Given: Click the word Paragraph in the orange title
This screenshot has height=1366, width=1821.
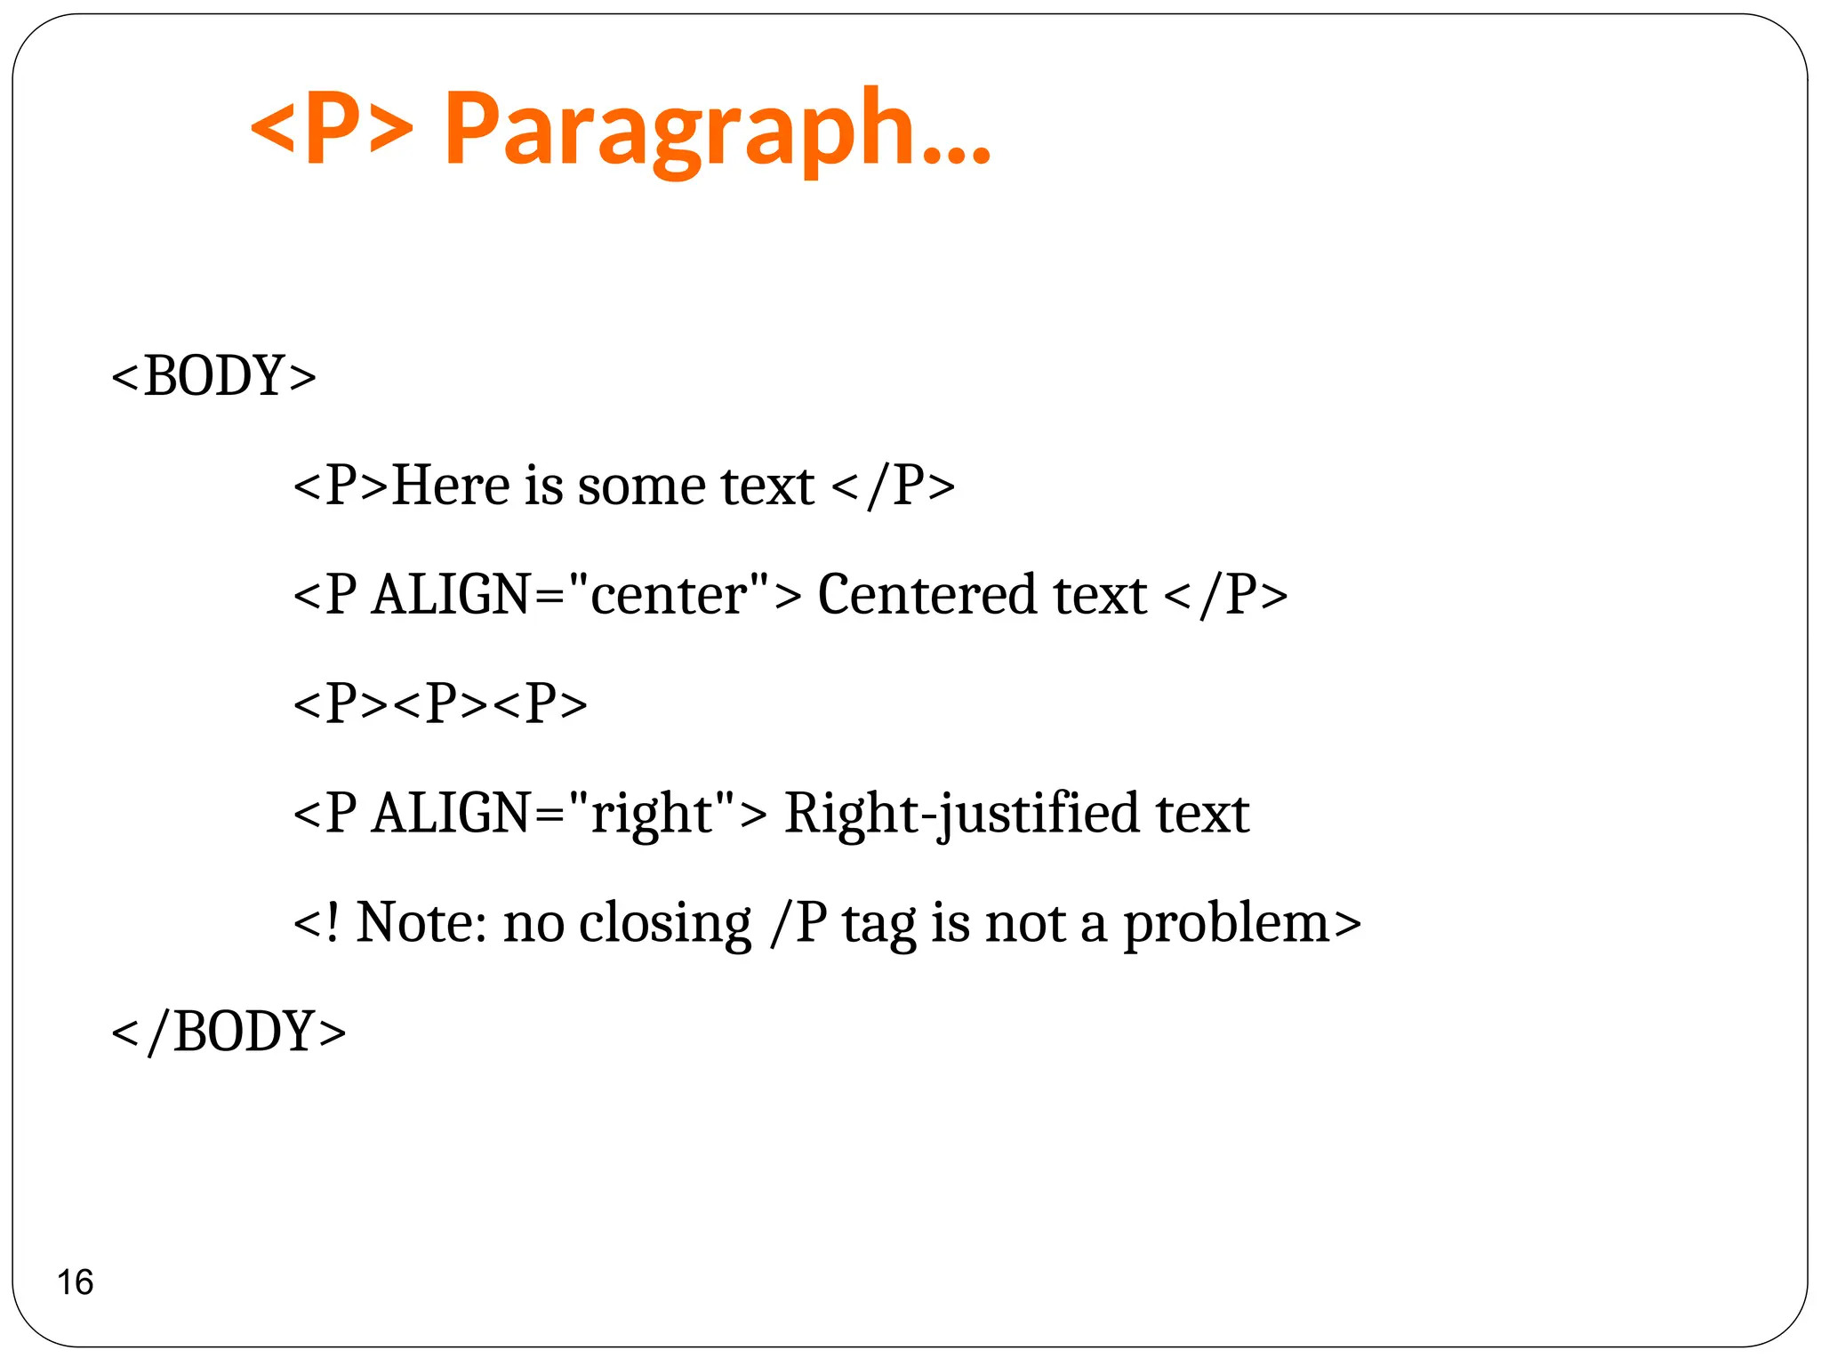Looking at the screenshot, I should [717, 129].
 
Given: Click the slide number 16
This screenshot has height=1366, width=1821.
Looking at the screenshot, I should [75, 1282].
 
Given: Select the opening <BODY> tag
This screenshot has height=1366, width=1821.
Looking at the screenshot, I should [213, 375].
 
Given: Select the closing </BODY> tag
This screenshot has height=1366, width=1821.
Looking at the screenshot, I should [229, 1032].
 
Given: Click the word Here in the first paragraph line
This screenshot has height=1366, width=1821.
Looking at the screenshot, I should [451, 486].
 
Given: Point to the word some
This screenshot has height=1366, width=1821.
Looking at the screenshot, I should [641, 487].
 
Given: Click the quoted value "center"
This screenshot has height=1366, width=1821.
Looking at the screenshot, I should [669, 594].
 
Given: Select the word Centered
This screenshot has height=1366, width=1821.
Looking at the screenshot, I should [927, 594].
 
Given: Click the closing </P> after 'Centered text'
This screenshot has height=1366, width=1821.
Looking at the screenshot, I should [1224, 594].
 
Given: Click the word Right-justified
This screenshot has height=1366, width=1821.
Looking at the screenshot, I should [961, 813].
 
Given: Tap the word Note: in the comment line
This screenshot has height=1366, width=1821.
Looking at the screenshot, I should [421, 922].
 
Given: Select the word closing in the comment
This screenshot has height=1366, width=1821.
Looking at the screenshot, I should [665, 924].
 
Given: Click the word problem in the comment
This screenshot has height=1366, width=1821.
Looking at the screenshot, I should [1227, 924].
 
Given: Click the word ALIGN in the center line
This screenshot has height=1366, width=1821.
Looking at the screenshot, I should [452, 594].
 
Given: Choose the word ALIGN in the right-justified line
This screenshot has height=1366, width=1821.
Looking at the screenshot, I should [452, 813].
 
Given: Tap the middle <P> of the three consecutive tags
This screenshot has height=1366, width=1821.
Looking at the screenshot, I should [441, 703].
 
